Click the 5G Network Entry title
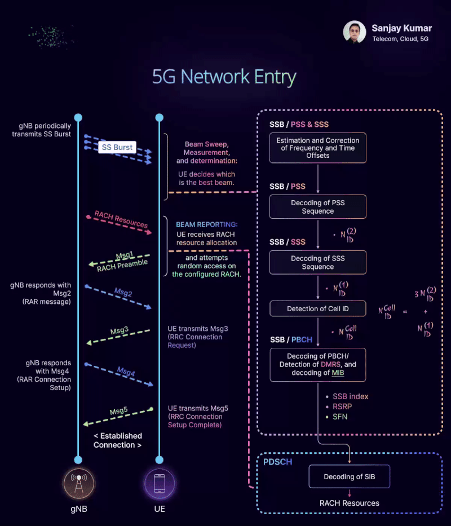point(224,77)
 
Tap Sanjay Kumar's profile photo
point(355,32)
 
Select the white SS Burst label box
point(116,147)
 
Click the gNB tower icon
point(78,484)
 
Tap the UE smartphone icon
point(160,484)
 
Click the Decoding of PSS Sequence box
point(318,207)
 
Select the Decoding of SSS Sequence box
point(318,262)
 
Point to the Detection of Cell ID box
point(318,309)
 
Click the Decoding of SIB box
point(349,476)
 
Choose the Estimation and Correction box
point(318,148)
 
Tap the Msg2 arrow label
point(123,293)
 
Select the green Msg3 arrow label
point(119,330)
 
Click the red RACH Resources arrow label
point(121,219)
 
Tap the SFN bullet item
point(340,417)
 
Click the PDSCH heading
point(278,462)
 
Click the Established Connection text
point(117,440)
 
